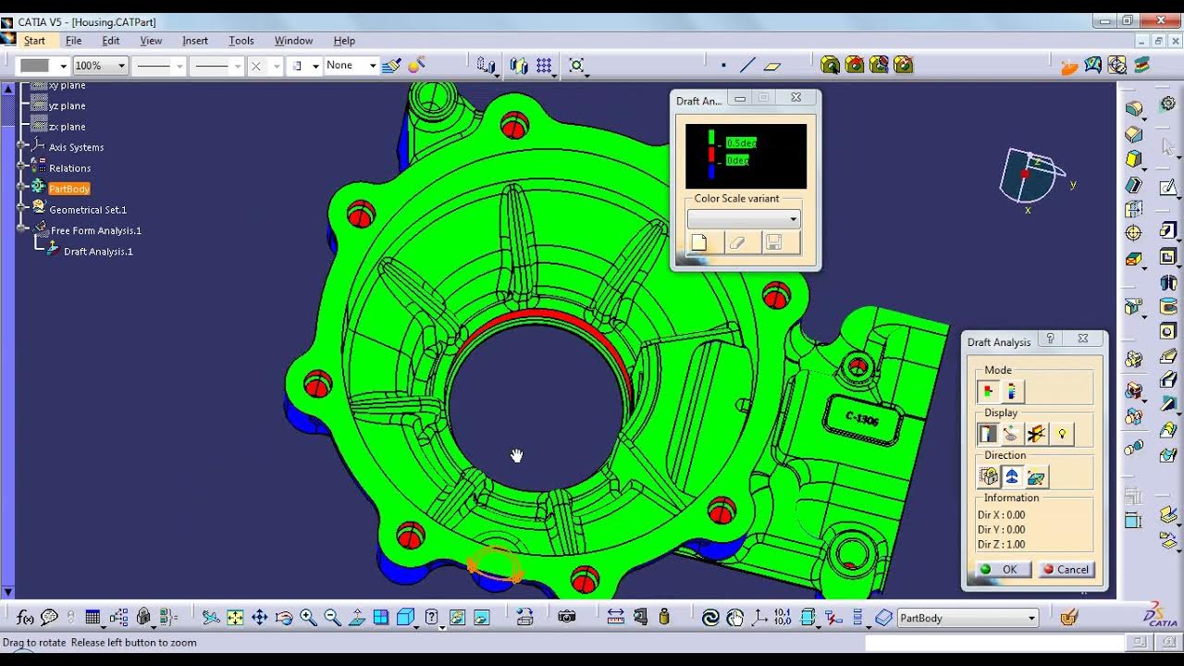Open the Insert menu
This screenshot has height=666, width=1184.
click(x=195, y=41)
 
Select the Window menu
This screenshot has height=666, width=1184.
click(x=293, y=41)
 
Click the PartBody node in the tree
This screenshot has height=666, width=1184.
click(x=69, y=189)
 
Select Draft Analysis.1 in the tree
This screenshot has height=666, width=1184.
click(x=98, y=252)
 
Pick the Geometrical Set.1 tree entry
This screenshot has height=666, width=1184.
click(x=88, y=210)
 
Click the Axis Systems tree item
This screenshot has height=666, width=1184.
click(x=76, y=147)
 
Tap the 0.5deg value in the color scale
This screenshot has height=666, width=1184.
click(x=741, y=142)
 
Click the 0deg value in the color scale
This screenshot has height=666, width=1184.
click(x=737, y=160)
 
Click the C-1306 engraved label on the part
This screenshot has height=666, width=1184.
click(x=862, y=420)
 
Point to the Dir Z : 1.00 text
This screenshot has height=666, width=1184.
click(x=1001, y=545)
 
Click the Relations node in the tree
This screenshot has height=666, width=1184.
click(x=69, y=168)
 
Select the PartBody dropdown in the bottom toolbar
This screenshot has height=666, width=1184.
click(x=967, y=619)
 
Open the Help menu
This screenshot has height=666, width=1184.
click(x=344, y=41)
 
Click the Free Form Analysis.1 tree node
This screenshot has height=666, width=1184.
click(x=96, y=230)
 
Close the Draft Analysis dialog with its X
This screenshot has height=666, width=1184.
click(x=1083, y=339)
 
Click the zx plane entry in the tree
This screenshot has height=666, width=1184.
click(x=67, y=127)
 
